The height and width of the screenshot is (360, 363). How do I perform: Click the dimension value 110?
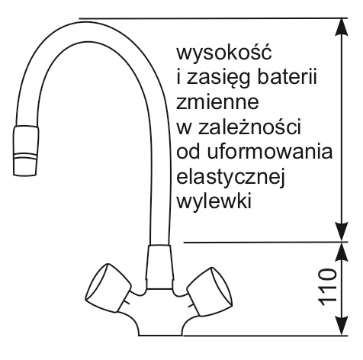pos(328,287)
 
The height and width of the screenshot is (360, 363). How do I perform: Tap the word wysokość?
pos(224,52)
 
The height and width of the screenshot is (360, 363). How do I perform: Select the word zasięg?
pos(214,77)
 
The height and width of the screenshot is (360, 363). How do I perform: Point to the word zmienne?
pos(217,101)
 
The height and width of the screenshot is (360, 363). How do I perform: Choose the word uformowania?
pos(270,151)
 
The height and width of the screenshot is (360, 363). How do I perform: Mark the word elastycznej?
pos(230,177)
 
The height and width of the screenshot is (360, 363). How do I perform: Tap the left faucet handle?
pos(108,288)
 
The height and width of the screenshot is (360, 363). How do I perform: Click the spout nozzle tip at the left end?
pos(26,150)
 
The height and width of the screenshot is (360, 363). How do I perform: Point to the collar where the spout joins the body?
pos(160,267)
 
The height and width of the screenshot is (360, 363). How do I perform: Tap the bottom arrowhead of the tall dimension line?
pos(341,233)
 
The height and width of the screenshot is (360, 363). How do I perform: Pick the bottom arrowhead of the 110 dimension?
pos(341,326)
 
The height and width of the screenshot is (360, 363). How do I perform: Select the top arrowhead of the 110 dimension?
pos(341,252)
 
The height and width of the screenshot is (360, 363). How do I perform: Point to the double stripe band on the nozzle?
pos(25,156)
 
